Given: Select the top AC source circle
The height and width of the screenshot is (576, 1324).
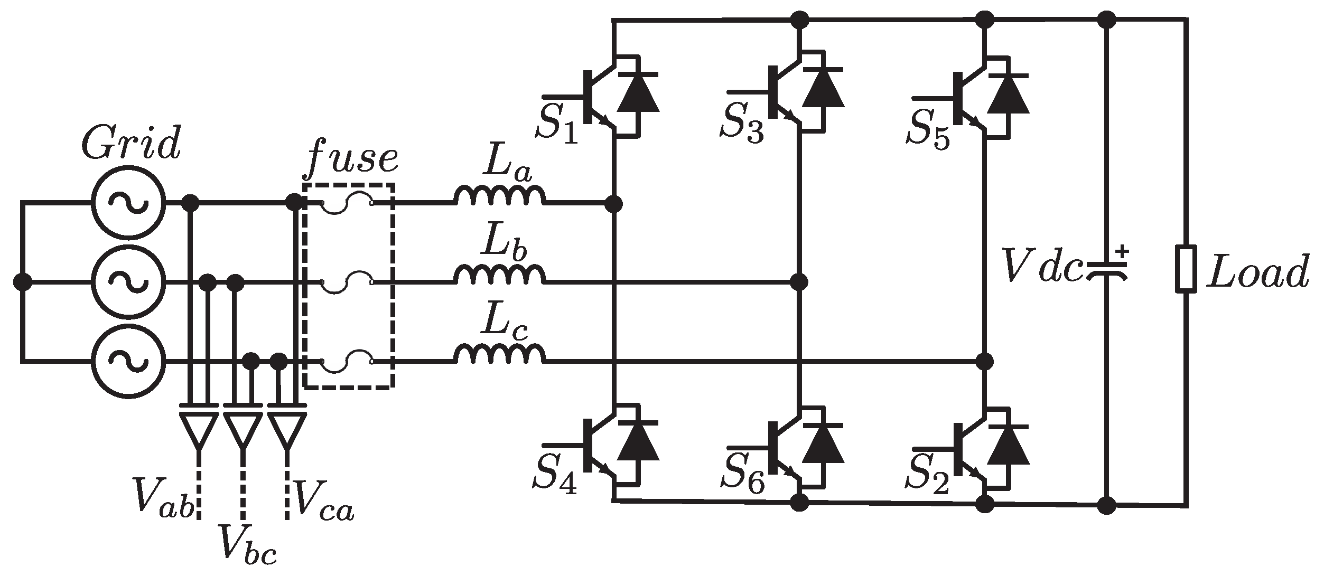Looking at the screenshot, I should click(128, 204).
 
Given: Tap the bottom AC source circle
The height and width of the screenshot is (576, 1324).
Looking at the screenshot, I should click(128, 361).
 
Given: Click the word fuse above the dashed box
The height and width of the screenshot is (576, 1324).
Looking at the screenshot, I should click(352, 158).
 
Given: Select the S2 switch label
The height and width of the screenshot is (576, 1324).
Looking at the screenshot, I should click(928, 478).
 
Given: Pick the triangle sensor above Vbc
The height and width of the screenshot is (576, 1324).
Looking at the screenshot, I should click(243, 430).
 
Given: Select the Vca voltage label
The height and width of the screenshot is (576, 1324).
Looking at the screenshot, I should click(323, 499).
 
